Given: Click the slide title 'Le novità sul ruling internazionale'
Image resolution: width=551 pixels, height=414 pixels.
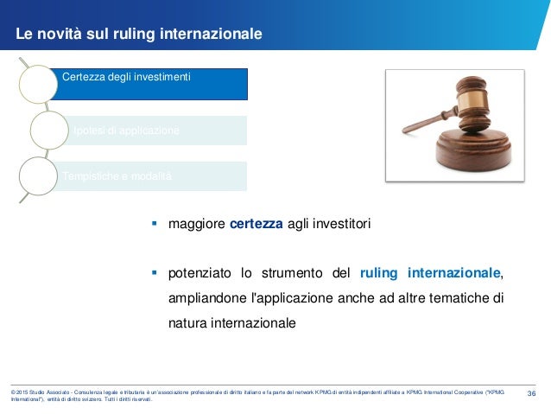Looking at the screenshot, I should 139,35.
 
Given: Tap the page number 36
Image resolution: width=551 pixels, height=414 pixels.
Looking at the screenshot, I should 532,394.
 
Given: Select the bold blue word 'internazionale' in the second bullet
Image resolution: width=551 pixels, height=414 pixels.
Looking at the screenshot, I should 453,275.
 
